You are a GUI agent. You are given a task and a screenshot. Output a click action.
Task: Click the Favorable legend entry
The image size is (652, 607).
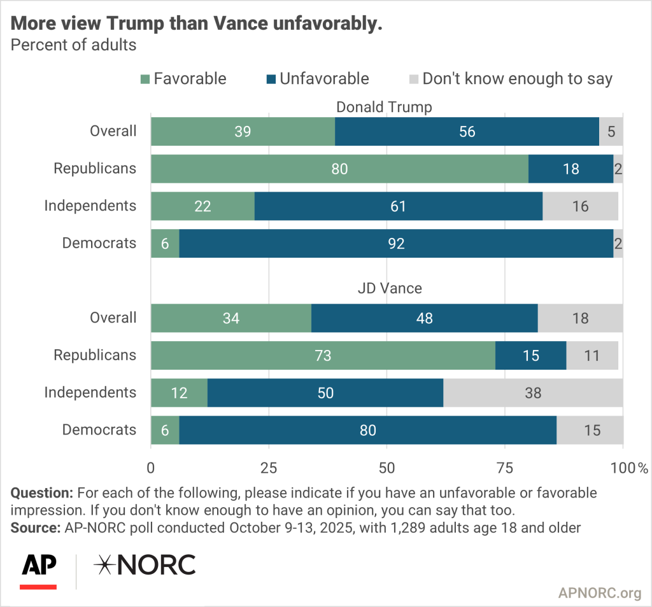pos(183,79)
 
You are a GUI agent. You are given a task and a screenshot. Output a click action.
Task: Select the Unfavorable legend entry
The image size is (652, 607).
pos(316,79)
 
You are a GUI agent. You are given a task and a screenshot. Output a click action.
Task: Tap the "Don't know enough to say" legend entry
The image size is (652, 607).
pos(509,79)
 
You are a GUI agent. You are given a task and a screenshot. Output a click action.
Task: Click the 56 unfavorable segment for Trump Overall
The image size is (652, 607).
pos(467,132)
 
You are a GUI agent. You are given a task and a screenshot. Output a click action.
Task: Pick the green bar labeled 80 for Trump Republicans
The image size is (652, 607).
pos(339,169)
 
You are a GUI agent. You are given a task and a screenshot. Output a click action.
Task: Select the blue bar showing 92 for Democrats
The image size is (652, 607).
pos(396,243)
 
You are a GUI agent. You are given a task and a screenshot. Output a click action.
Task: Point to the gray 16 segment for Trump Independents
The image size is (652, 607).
pos(580,206)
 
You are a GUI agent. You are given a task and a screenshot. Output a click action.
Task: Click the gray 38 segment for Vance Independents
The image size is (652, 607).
pos(533,393)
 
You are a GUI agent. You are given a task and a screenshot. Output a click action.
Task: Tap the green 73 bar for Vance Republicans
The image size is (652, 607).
pos(323,355)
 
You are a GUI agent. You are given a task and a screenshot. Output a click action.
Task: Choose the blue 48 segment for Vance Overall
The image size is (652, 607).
pos(424,318)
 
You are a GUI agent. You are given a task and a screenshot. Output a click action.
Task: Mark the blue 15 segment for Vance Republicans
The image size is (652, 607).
pos(530,355)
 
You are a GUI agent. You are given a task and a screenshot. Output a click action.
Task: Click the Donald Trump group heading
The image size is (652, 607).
pos(384,107)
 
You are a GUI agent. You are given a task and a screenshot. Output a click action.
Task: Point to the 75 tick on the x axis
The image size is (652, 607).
pos(504,468)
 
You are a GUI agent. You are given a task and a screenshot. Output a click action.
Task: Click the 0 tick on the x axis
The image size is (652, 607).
pos(151,468)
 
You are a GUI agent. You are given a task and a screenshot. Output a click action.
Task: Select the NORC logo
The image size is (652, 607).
pos(145,565)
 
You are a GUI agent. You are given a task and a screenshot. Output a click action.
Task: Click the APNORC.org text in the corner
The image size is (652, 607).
pos(599,594)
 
